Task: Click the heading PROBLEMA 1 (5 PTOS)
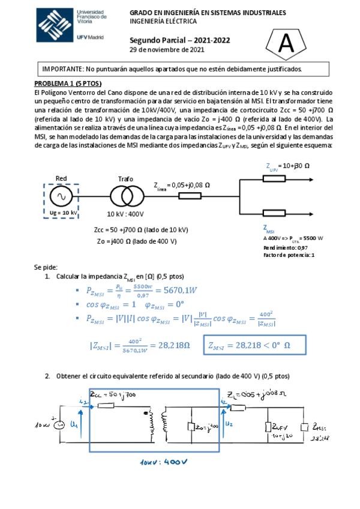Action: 68,83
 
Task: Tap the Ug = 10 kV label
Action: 61,212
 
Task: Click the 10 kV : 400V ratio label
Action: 125,214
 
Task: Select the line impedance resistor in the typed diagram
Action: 189,196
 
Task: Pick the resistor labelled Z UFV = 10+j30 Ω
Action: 274,178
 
